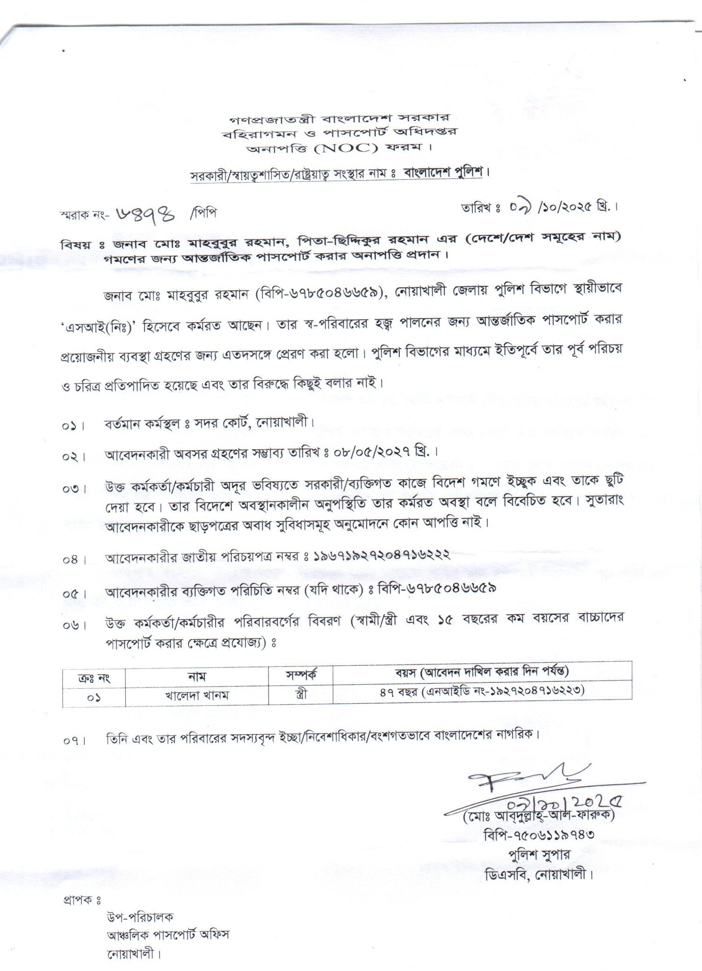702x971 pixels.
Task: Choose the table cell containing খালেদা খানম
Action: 197,695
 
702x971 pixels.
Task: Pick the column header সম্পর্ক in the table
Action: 301,675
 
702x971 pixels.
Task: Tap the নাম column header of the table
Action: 197,676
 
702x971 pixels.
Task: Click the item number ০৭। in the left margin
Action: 74,741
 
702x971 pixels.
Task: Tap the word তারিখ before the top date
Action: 475,208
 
